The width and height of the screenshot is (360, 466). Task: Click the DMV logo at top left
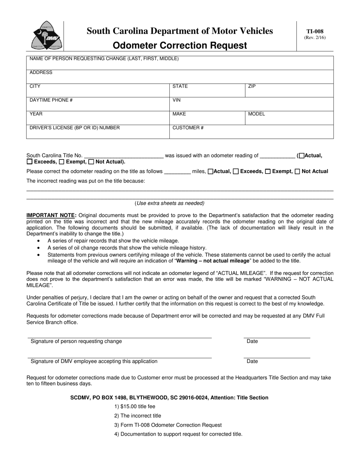coord(45,36)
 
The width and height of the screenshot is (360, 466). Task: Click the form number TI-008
coord(315,32)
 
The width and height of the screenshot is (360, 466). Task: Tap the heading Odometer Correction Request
coord(180,46)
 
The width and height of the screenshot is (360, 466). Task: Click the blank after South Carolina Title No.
coord(124,155)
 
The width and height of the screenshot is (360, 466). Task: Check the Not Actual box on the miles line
coord(297,172)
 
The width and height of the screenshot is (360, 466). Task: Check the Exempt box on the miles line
coord(268,172)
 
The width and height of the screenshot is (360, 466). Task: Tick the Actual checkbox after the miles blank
coord(211,172)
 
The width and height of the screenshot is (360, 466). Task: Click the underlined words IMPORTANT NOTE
coord(51,215)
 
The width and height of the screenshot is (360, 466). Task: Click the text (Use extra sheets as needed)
coord(169,203)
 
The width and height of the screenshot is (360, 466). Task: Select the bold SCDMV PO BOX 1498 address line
coord(169,398)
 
